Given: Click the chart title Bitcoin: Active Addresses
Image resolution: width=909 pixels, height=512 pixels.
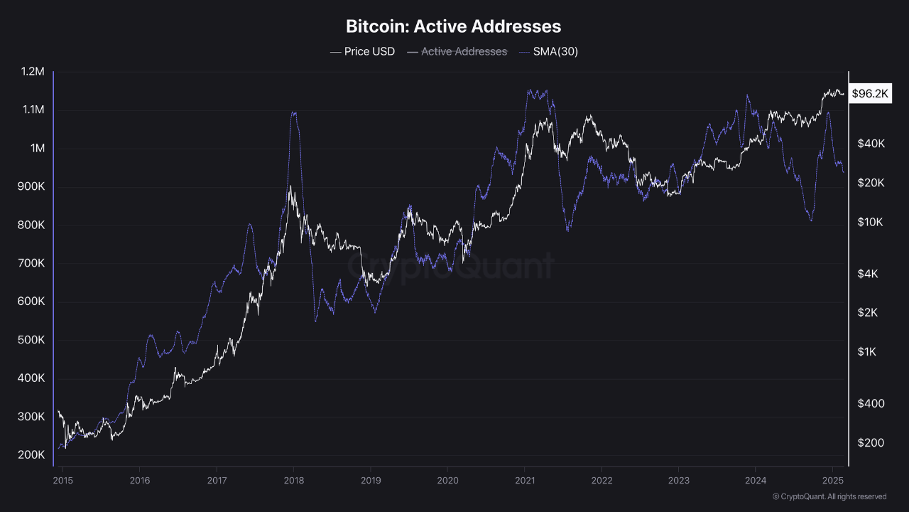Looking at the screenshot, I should coord(453,26).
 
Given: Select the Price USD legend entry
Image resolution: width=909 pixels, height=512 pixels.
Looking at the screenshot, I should coord(362,51).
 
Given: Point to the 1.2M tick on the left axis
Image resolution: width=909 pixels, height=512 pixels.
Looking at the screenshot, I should coord(33,72).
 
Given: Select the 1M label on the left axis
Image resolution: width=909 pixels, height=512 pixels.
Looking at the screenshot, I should coord(37,149).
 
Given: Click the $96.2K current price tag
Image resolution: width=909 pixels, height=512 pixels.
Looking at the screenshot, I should coord(870,93).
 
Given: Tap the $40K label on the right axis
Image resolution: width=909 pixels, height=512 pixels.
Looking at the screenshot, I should coord(871,144).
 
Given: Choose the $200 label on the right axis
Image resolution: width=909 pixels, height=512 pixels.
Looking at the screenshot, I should coord(870,442).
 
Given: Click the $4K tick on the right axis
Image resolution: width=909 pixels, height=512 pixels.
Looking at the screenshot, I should coord(868,274).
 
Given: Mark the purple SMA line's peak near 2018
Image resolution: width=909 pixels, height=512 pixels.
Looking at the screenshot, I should coord(293,112).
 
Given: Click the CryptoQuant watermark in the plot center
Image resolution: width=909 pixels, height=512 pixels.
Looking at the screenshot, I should coord(450,266).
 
